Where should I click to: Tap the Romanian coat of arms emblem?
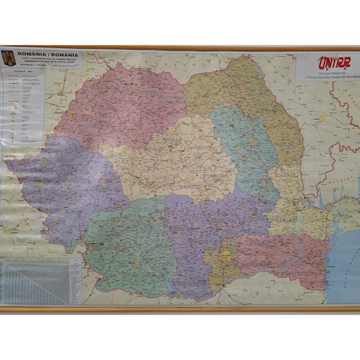coord(10,58)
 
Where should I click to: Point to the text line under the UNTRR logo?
coord(324,74)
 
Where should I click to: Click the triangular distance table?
coord(32,280)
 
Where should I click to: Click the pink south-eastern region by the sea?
coord(280,256)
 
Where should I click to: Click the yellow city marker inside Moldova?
coord(322,119)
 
